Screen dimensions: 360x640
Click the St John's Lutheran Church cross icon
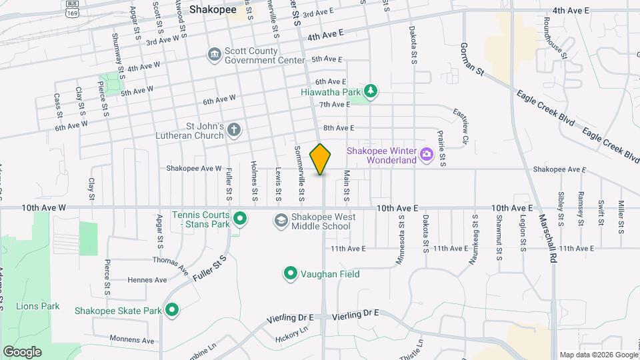click(233, 131)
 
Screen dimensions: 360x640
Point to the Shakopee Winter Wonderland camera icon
click(427, 156)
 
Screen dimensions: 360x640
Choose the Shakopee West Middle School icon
click(281, 220)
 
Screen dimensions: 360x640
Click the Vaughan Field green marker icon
click(290, 273)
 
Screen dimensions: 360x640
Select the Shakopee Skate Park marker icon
click(172, 311)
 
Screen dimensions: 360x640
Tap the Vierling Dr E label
click(355, 313)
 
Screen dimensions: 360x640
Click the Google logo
click(22, 351)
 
